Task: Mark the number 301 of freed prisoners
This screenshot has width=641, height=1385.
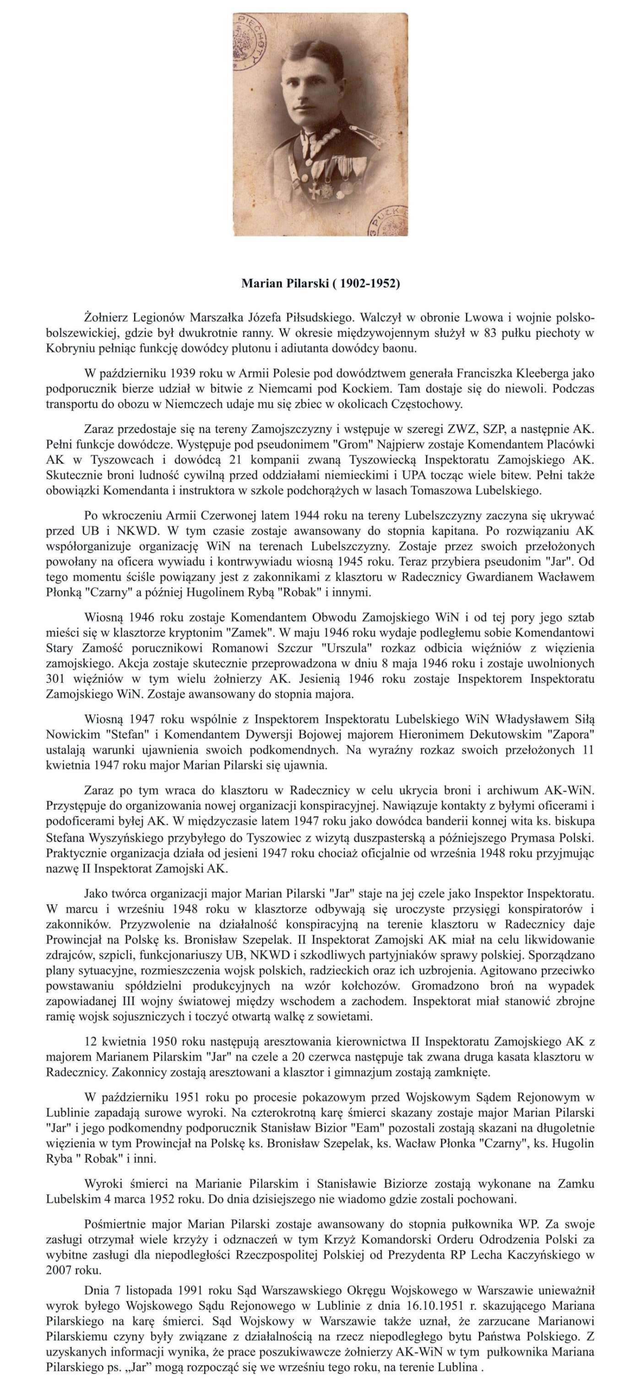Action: (x=55, y=678)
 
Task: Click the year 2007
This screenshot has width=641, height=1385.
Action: (x=59, y=1270)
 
